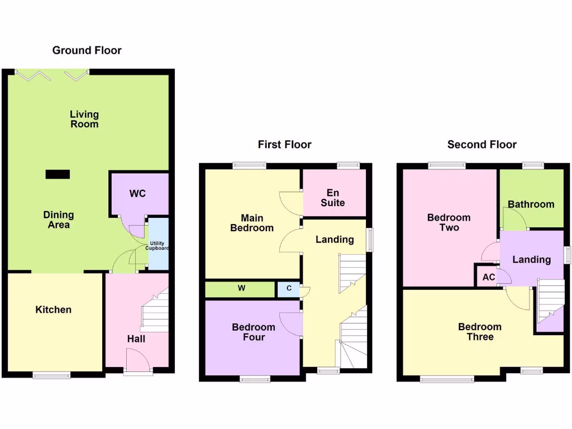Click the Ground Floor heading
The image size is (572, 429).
[x=87, y=50]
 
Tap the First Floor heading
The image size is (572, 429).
[x=284, y=145]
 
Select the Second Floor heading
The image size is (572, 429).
[x=482, y=145]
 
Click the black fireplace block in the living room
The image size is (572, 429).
[x=58, y=175]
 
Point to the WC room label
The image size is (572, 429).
[x=137, y=194]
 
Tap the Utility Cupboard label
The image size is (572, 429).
[x=157, y=246]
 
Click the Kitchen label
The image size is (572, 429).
[x=54, y=309]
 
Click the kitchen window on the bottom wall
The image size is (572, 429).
[x=51, y=375]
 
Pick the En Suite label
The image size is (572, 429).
[x=332, y=198]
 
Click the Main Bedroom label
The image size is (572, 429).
[x=252, y=223]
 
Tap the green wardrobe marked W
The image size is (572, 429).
[x=241, y=289]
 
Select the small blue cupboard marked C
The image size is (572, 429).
[x=289, y=289]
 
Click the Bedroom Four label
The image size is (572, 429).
[x=253, y=332]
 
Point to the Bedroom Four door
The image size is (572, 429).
[x=292, y=325]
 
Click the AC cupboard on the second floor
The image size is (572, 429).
[x=488, y=277]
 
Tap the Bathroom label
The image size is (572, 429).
[x=531, y=204]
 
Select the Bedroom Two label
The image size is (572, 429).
[x=449, y=222]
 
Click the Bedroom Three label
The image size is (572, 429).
[x=479, y=332]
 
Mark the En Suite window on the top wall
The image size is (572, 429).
[x=348, y=165]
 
